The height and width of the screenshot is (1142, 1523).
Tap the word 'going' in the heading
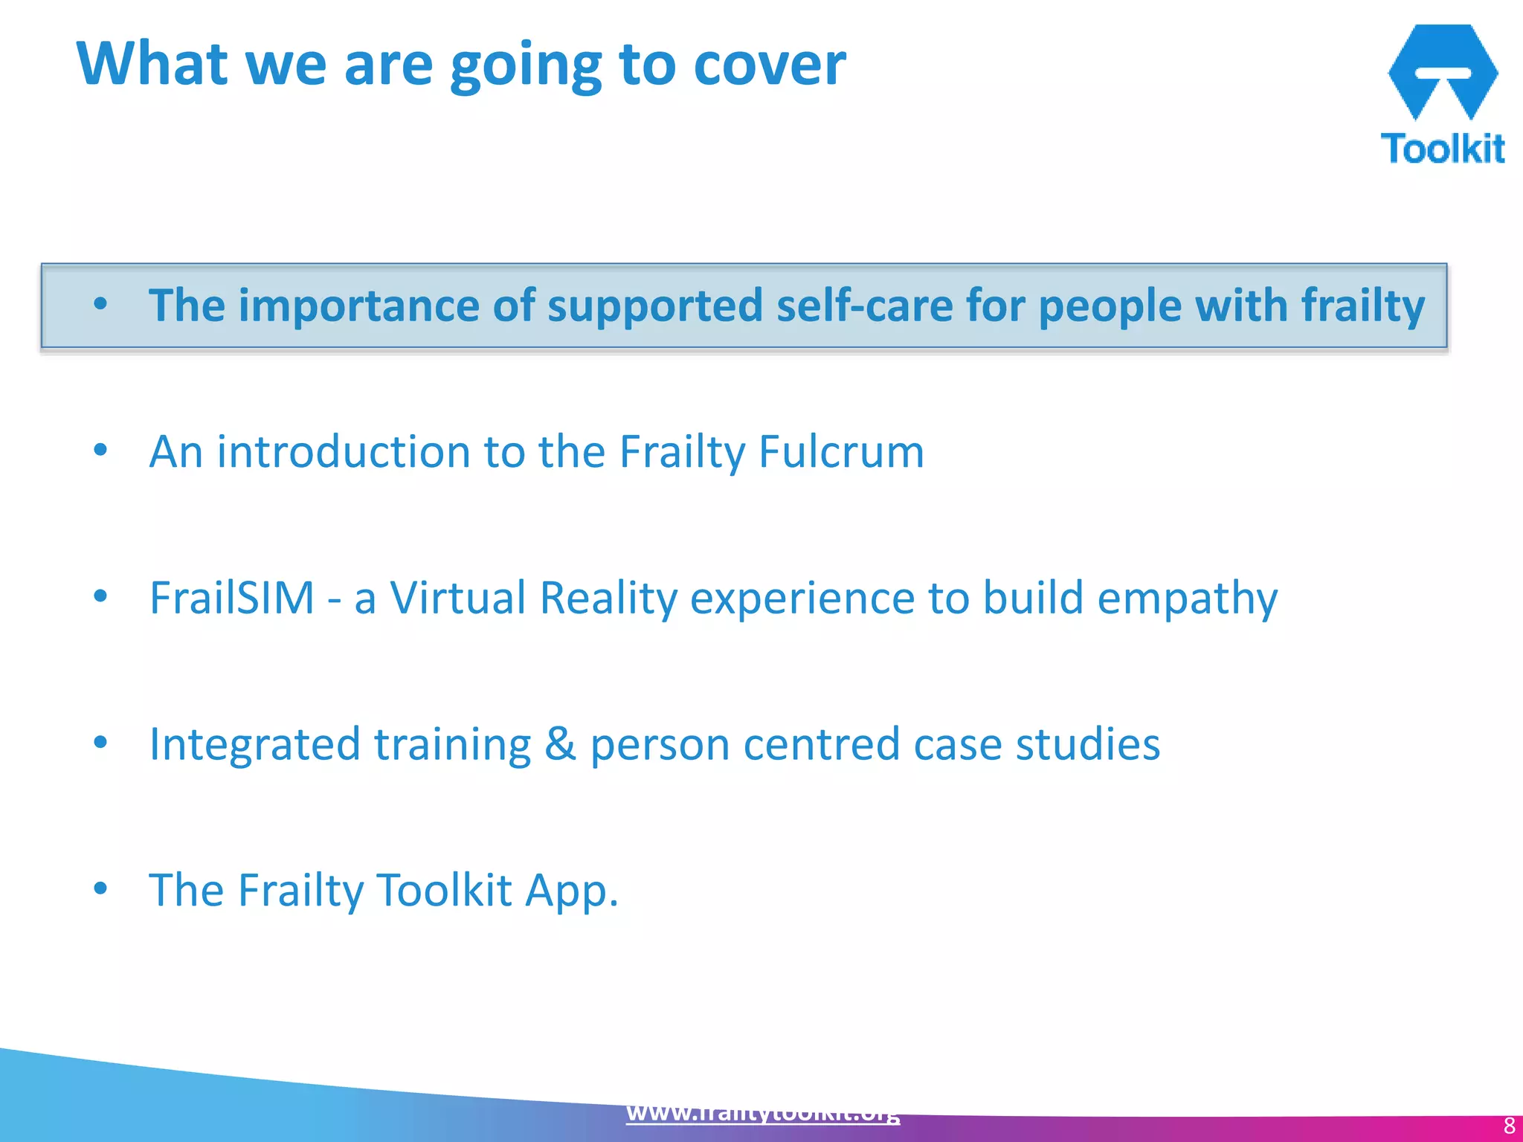click(526, 67)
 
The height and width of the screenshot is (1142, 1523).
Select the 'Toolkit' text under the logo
click(1442, 149)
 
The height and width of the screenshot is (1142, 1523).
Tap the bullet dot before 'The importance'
click(101, 304)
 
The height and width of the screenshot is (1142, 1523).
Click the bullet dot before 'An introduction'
click(101, 450)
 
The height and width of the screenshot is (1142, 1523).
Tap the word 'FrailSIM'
click(232, 598)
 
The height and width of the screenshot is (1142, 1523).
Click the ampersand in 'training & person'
click(560, 744)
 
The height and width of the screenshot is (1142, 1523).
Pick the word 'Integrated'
click(254, 744)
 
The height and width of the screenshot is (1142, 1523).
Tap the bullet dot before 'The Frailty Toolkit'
click(101, 888)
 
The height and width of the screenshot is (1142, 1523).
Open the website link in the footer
click(763, 1113)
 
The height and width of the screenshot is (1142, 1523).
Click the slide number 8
click(1509, 1126)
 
